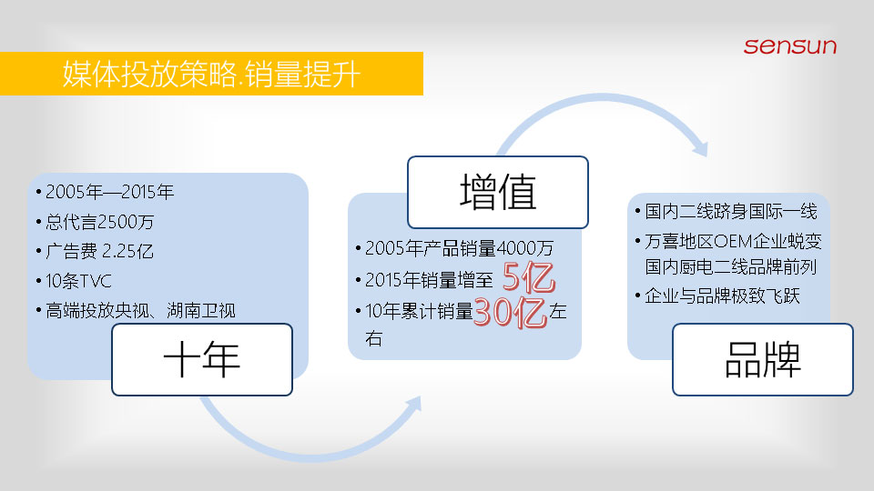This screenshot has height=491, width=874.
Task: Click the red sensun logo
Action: [790, 46]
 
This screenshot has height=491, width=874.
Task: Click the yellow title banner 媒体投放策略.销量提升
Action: [211, 74]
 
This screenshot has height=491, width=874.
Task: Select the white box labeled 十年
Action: [202, 360]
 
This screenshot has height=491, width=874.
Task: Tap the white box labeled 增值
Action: [498, 192]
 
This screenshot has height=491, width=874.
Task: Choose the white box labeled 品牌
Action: [763, 360]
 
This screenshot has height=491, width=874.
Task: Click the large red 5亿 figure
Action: [528, 277]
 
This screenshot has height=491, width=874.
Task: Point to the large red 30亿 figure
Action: [510, 311]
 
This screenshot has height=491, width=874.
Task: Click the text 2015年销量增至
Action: [429, 280]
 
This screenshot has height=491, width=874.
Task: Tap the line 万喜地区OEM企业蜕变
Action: [733, 241]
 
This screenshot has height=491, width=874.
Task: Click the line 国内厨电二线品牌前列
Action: [731, 266]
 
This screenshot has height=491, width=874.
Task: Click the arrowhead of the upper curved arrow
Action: [700, 148]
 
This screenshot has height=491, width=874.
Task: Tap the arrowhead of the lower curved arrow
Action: [413, 404]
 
